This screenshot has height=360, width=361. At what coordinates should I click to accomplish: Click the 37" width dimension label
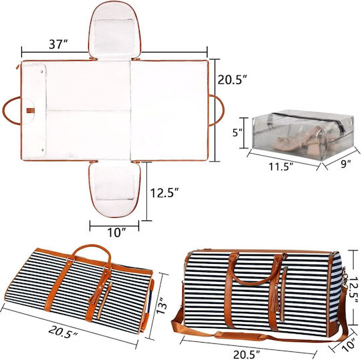pos(58,44)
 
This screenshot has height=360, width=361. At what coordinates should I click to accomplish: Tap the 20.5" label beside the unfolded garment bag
pos(232,79)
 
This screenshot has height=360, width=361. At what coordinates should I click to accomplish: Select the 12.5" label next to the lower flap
pos(164,192)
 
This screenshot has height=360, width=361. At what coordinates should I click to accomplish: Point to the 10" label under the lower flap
pos(117,232)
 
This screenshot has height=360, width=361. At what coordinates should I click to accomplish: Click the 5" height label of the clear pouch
pos(237,132)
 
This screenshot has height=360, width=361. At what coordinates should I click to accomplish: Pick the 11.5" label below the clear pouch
pos(281,166)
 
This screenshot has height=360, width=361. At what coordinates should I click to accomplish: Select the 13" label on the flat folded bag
pos(162,305)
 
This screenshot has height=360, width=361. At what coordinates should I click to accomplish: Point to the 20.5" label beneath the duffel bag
pos(247,355)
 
